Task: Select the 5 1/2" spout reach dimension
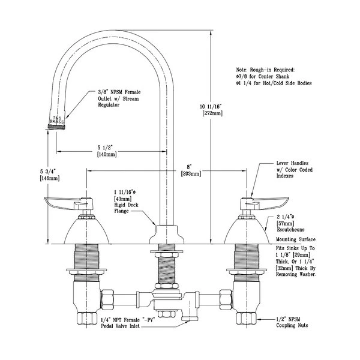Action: [106, 146]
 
